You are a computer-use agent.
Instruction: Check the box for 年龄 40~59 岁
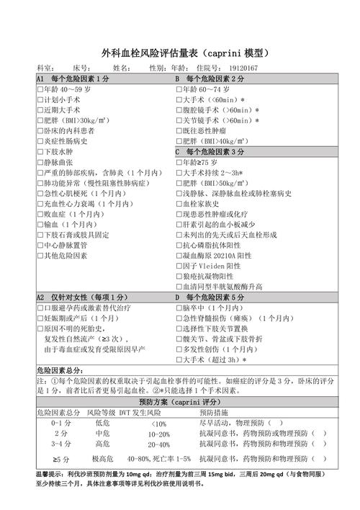tap(40, 89)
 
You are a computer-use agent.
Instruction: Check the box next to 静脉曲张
tap(40, 163)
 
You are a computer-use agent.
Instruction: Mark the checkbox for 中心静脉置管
tap(40, 246)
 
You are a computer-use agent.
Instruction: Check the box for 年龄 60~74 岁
tap(179, 89)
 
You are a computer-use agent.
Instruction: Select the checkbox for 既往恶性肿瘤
tap(179, 131)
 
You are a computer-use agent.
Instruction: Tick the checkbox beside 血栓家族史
tap(179, 204)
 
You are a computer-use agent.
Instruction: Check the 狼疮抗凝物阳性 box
tap(179, 277)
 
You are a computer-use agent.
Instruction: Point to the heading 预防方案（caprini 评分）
tap(179, 402)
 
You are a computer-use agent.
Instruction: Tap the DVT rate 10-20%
tap(159, 434)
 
